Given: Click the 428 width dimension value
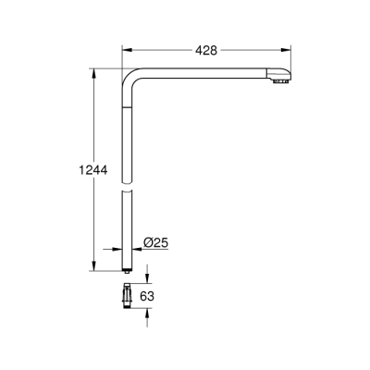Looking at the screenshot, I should pyautogui.click(x=206, y=51).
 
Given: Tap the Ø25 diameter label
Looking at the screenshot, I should pyautogui.click(x=154, y=244).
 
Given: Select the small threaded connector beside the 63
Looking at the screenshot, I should pyautogui.click(x=125, y=295).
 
